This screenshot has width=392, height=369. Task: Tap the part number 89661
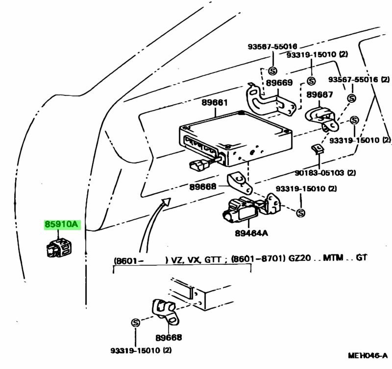click(x=214, y=103)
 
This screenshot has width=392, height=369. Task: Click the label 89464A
click(x=251, y=233)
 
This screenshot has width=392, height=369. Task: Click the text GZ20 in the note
click(x=295, y=258)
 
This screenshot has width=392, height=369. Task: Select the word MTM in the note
click(x=333, y=258)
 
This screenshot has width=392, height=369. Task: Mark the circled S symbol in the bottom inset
click(x=136, y=323)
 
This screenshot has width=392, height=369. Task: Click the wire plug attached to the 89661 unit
click(x=198, y=165)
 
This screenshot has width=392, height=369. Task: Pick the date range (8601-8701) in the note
click(x=256, y=258)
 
